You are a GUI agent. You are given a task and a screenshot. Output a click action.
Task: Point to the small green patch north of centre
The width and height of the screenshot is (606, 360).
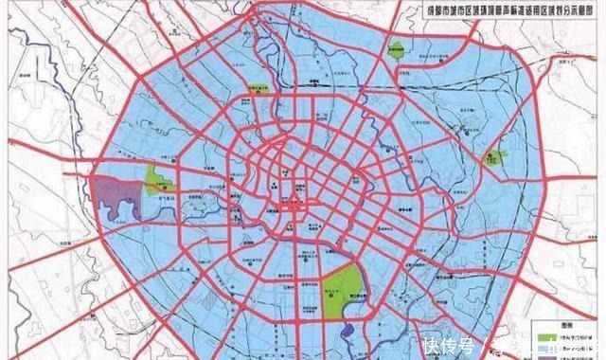point(257,87)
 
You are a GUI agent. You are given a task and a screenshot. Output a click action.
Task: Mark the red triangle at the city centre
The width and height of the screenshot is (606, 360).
point(296,199)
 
